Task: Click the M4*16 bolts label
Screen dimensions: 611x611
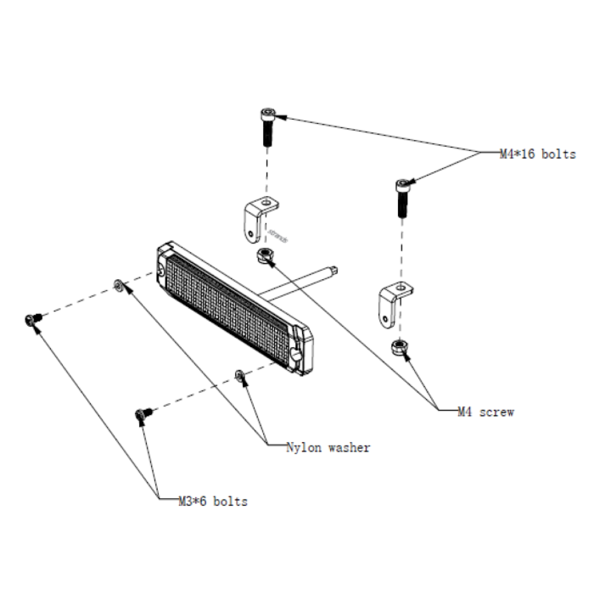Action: (x=538, y=154)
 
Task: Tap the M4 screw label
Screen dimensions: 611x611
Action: (x=486, y=412)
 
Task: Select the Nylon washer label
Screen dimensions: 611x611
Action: (x=328, y=447)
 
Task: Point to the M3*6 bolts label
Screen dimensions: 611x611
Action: (x=213, y=502)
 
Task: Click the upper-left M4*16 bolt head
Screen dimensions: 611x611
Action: (x=268, y=115)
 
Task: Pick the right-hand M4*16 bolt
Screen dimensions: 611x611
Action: (x=403, y=198)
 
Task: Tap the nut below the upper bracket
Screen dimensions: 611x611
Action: (x=266, y=255)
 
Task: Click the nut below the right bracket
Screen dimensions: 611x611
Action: (x=400, y=347)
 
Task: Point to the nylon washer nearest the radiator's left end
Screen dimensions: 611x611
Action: (x=118, y=285)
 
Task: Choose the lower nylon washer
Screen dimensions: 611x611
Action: (x=239, y=375)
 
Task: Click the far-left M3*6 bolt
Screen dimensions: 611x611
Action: (x=33, y=320)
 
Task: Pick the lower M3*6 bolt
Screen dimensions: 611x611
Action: (x=143, y=414)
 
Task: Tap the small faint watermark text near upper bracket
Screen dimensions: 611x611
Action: (x=277, y=235)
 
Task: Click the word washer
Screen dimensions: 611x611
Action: (x=349, y=448)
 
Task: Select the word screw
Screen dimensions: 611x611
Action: (x=496, y=412)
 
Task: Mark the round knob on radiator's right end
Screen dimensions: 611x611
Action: (x=295, y=353)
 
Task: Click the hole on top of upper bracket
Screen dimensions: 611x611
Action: (x=266, y=203)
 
